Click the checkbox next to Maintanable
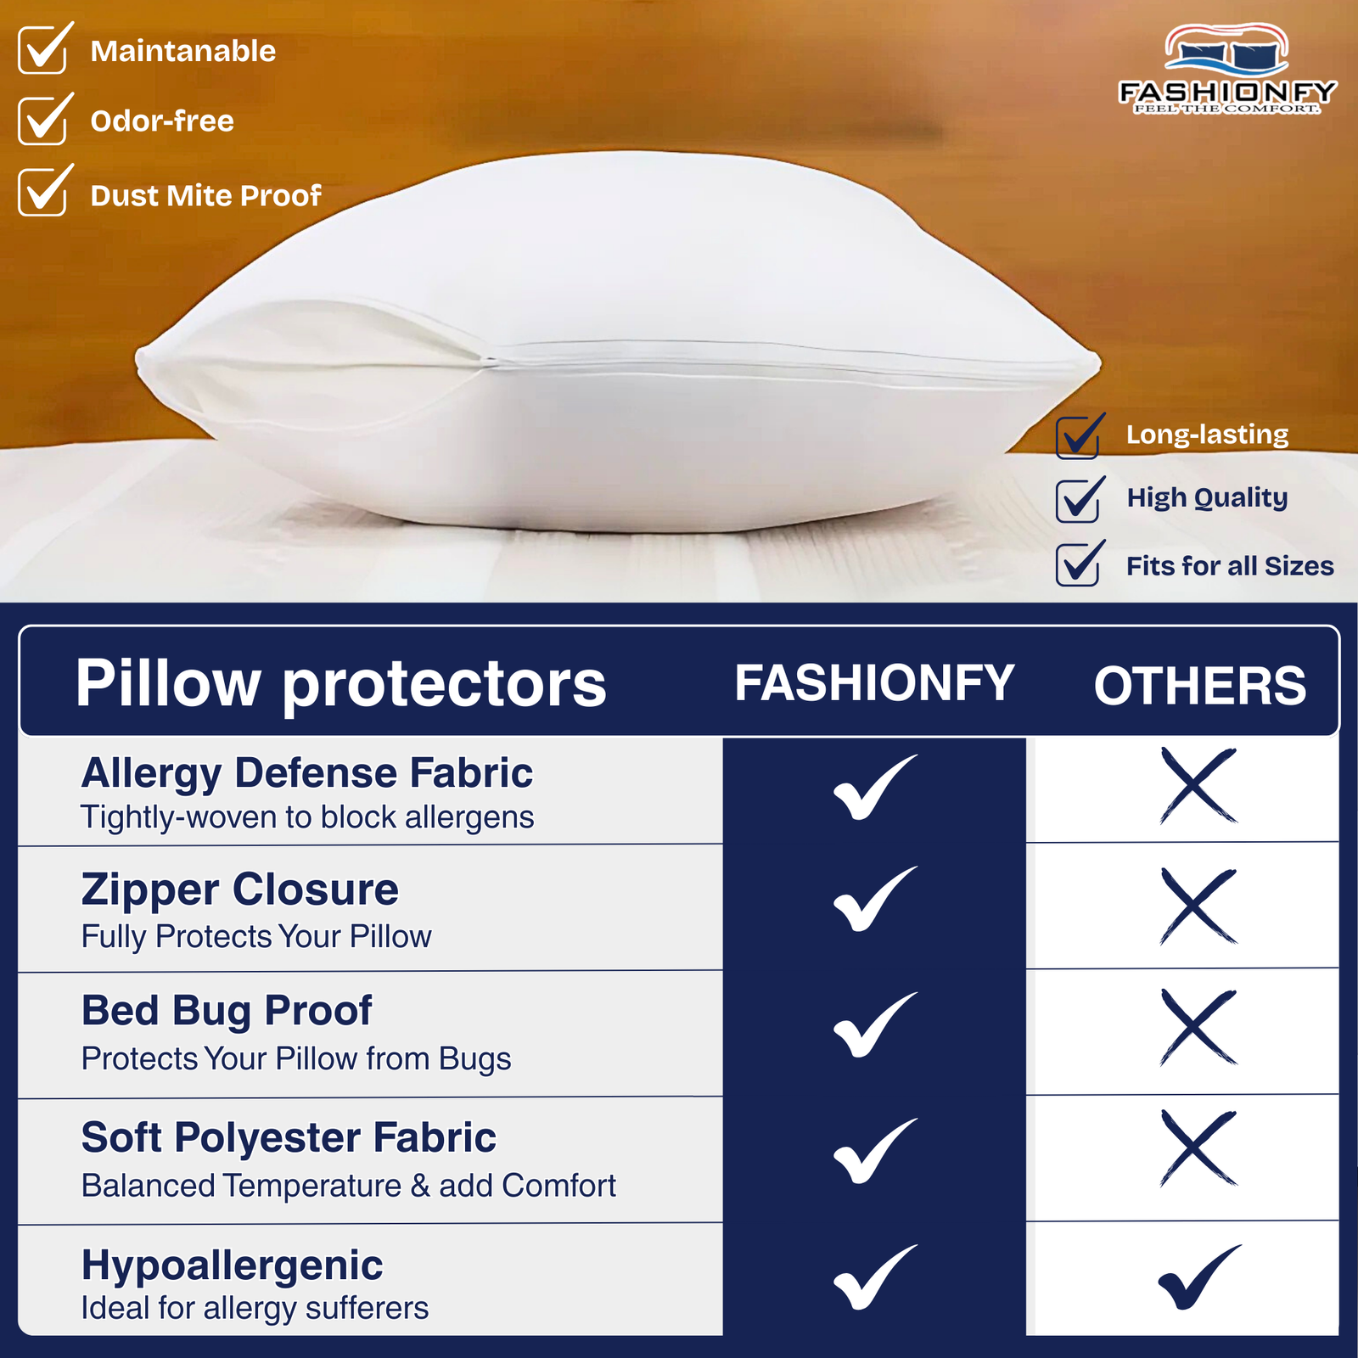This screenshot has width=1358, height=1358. (42, 51)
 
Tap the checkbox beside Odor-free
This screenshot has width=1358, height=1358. (42, 121)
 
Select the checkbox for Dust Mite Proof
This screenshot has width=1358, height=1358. (42, 193)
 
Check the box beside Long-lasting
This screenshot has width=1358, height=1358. (1078, 436)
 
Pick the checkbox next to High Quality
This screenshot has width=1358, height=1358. (1078, 499)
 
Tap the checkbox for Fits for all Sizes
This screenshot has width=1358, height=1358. (1078, 564)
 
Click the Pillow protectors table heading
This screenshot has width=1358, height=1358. (341, 683)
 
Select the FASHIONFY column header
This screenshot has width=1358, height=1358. (874, 683)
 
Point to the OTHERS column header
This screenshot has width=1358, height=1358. (1199, 686)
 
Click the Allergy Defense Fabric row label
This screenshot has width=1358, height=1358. (307, 773)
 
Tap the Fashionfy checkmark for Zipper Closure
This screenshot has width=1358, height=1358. (874, 900)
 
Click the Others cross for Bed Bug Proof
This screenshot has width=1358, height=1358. (1198, 1027)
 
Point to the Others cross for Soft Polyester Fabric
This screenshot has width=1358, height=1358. (1198, 1148)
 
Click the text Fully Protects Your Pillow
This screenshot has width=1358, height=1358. (256, 937)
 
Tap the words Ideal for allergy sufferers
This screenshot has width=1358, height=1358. (255, 1308)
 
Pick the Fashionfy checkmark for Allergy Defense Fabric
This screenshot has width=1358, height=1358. (874, 788)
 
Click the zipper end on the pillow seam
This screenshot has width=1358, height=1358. (490, 361)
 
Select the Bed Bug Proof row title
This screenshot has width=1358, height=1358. (227, 1011)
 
